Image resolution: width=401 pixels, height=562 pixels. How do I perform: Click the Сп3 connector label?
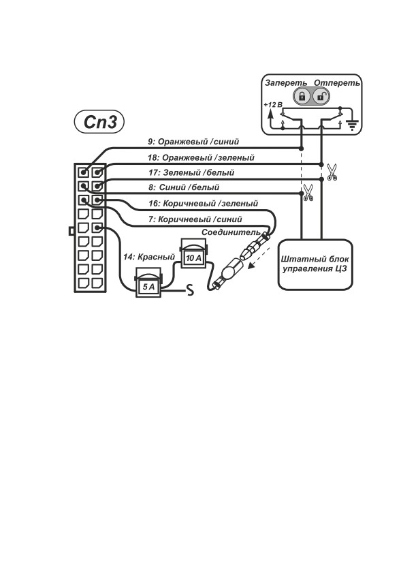click(x=99, y=122)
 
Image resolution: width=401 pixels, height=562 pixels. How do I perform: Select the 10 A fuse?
click(x=193, y=253)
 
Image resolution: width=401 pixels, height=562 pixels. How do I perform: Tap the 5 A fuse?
click(x=148, y=283)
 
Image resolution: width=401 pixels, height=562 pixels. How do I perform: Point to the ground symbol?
click(x=353, y=125)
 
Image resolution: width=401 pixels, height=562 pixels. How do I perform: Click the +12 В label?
click(x=273, y=105)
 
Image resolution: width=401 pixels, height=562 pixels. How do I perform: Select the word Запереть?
click(x=286, y=83)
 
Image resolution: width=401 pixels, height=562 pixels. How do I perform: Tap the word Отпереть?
click(x=337, y=83)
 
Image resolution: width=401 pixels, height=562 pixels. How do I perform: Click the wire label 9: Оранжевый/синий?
click(x=193, y=142)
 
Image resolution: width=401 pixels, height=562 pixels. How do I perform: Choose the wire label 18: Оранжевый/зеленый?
click(x=201, y=157)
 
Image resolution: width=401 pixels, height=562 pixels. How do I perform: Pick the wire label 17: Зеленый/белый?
click(x=191, y=172)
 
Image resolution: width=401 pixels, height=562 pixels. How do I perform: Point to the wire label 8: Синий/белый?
click(x=184, y=187)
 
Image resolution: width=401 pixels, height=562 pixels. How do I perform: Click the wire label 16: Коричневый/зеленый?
click(x=203, y=203)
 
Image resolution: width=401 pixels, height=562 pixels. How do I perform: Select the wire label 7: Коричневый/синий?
click(x=195, y=219)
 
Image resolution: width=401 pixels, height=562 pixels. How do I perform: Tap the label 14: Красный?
click(x=149, y=257)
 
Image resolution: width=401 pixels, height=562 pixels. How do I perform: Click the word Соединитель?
click(x=231, y=232)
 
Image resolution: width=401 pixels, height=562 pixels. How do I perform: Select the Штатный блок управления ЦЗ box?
click(x=316, y=264)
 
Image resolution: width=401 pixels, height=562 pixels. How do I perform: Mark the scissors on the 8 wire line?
click(x=308, y=193)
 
